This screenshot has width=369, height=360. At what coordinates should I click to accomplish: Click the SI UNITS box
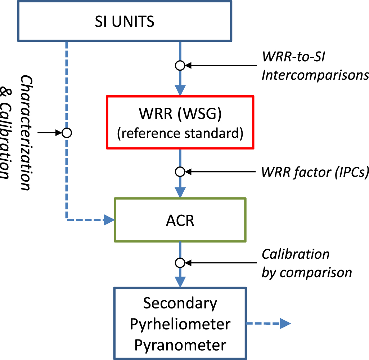(124, 22)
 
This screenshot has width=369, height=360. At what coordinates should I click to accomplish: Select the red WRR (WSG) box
(180, 122)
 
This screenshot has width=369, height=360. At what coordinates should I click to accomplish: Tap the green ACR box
(180, 219)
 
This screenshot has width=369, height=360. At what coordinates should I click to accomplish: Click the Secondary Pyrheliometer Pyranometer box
(180, 324)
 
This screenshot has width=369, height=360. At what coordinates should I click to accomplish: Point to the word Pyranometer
(180, 345)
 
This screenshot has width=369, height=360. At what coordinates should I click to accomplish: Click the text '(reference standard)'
(180, 133)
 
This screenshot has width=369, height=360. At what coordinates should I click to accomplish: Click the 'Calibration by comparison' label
(306, 263)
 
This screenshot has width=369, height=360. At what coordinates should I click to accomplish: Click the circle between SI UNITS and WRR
(180, 66)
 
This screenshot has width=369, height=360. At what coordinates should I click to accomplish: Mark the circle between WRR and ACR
(180, 172)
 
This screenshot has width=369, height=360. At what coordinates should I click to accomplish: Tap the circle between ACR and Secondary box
(180, 263)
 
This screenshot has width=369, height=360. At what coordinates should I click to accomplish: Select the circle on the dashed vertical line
(67, 133)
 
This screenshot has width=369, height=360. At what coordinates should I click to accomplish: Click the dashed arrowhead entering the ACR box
(108, 219)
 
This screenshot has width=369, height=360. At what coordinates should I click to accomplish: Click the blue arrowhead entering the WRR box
(180, 90)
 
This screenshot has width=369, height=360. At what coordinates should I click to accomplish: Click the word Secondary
(180, 303)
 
